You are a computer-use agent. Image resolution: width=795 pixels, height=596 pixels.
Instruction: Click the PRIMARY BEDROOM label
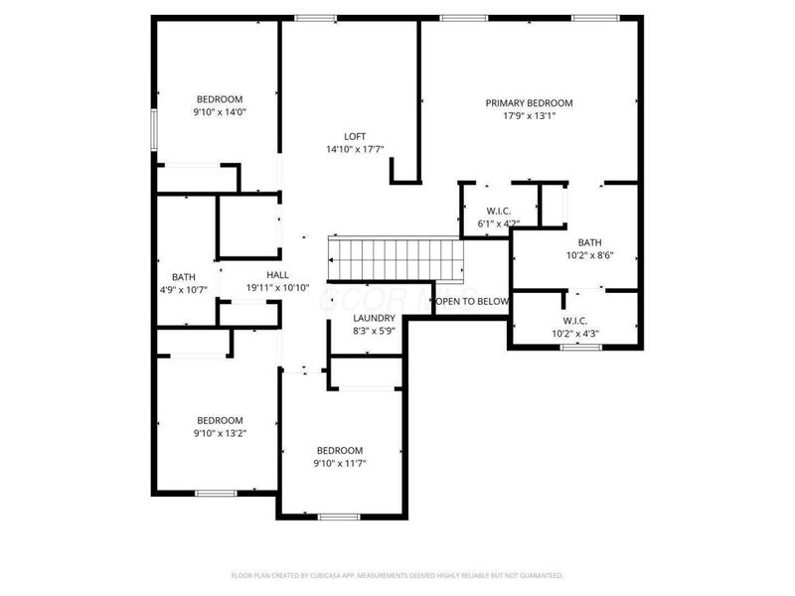coord(529,102)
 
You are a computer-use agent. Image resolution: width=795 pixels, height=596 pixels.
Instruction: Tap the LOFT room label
coord(355,137)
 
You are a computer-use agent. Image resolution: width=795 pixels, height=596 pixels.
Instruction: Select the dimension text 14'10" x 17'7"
coord(355,150)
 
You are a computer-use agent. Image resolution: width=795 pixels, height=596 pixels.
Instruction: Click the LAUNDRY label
coord(374,318)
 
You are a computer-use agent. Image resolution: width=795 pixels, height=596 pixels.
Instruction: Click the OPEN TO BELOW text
coord(472,301)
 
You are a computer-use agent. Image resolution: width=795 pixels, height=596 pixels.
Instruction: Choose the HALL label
coord(277,275)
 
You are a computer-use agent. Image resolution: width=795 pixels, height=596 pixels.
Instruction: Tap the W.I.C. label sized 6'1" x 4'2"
coord(499,211)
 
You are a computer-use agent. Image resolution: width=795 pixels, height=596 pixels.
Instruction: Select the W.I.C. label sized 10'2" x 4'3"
coord(575,321)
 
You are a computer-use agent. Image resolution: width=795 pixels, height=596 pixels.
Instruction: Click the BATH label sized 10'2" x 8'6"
coord(590,242)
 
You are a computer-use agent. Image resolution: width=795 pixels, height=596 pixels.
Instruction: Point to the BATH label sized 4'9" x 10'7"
coord(183,277)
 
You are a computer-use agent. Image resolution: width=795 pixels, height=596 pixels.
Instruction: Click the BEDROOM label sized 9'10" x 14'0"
coord(220,99)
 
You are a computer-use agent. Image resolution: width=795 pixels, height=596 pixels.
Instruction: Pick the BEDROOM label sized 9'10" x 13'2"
coord(220,420)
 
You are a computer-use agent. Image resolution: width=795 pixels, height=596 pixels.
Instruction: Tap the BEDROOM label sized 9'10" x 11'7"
coord(340,450)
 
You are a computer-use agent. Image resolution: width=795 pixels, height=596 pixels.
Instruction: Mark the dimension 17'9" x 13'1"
coord(529,115)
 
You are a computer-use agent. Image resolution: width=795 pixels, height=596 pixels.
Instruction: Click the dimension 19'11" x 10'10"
coord(277,288)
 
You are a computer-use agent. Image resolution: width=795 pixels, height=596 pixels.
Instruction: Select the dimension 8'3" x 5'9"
coord(374,330)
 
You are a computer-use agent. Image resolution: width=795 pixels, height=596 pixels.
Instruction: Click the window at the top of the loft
coord(315,17)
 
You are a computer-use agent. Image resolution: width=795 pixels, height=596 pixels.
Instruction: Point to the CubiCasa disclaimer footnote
coord(397,575)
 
